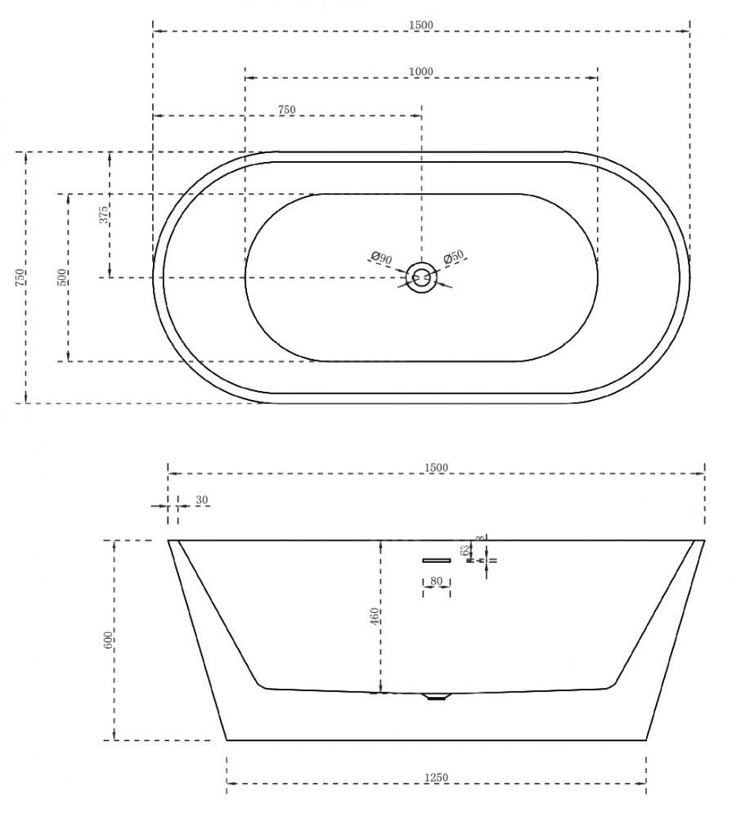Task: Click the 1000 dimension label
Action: pos(420,71)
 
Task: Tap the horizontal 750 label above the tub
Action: pos(286,110)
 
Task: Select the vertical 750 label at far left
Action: pos(20,277)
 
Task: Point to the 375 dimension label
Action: pos(104,214)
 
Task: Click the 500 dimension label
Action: pos(61,277)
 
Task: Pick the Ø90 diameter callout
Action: pos(381,258)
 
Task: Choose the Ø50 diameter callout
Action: pos(453,257)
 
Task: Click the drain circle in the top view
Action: pos(421,277)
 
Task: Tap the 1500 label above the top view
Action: pos(421,25)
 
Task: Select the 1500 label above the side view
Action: pos(436,467)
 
